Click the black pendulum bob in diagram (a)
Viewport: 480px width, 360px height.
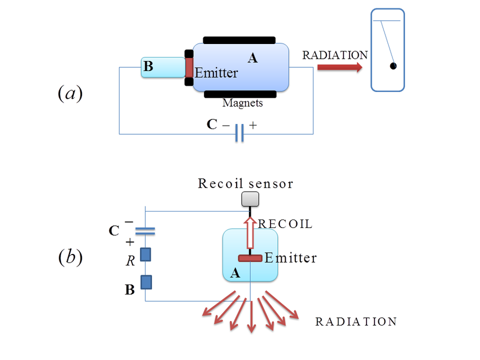(393, 66)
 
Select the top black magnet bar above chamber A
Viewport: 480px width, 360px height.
(239, 41)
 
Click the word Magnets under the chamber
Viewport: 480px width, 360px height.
(242, 103)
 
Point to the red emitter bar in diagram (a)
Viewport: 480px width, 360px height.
(189, 67)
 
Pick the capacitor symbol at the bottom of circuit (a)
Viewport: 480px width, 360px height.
(239, 134)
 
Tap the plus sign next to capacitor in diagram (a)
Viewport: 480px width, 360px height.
(252, 126)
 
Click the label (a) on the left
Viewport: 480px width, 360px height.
(71, 93)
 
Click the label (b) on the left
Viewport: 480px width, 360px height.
(71, 258)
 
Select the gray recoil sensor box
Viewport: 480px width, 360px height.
(250, 199)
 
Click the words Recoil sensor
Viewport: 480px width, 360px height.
(245, 183)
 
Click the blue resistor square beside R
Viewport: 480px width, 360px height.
(146, 255)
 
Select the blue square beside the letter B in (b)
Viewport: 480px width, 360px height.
(146, 282)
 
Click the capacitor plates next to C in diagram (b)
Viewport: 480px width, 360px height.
(146, 230)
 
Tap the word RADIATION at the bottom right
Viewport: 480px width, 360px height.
(356, 322)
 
